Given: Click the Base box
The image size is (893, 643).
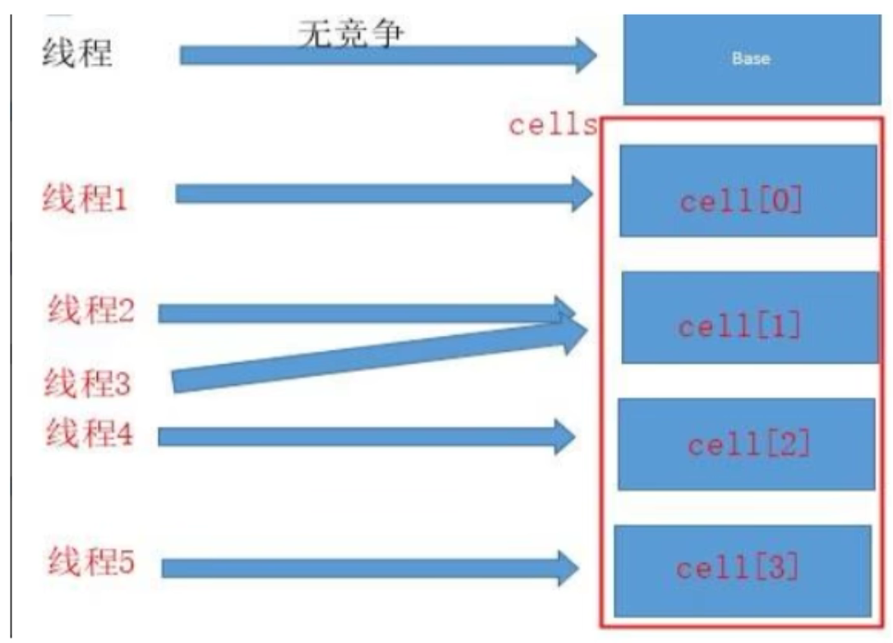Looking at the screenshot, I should pyautogui.click(x=750, y=60).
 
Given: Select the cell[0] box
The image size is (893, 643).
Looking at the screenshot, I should pyautogui.click(x=748, y=191).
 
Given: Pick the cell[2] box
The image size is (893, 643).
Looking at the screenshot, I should pyautogui.click(x=746, y=444).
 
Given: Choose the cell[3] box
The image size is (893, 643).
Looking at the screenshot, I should pyautogui.click(x=742, y=570).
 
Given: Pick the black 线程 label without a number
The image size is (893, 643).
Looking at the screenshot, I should pyautogui.click(x=76, y=53).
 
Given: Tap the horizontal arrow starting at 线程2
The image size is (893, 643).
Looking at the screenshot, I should pyautogui.click(x=353, y=313).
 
